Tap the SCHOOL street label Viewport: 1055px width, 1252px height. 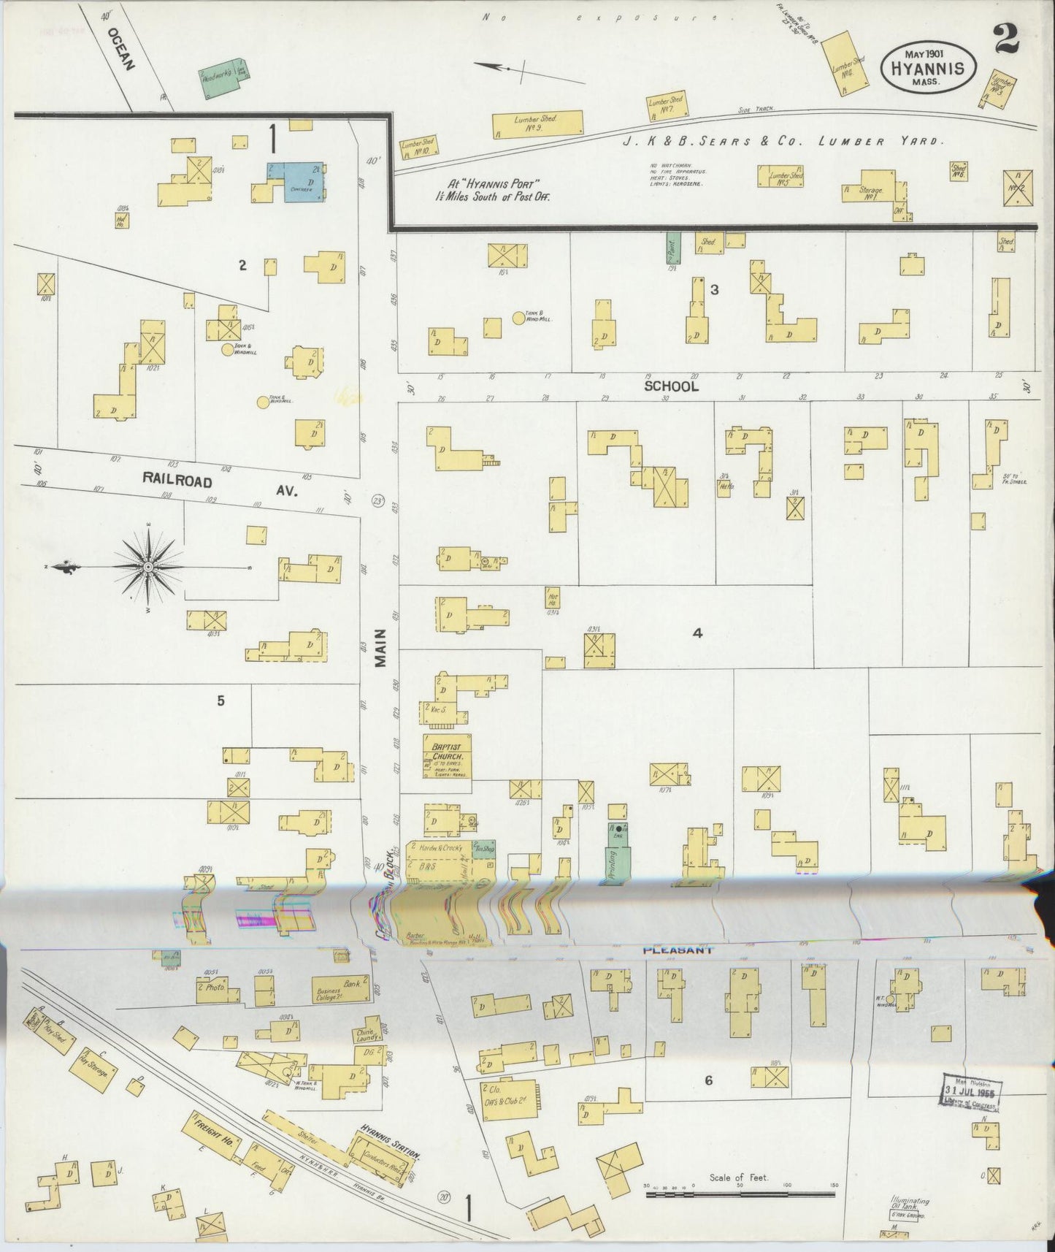click(x=671, y=386)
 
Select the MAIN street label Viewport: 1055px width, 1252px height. click(x=380, y=647)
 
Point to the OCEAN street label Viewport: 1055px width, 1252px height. click(x=121, y=49)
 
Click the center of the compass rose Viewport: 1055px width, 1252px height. click(x=147, y=567)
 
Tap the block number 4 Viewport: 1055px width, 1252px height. click(x=697, y=633)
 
